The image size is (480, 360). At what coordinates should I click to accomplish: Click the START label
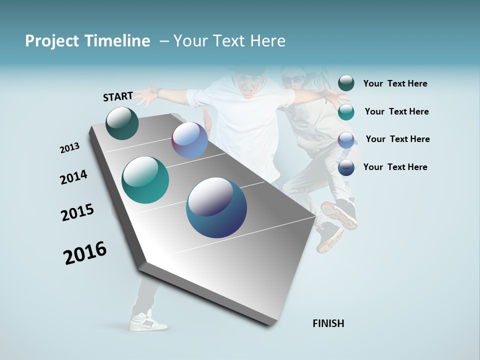(118, 96)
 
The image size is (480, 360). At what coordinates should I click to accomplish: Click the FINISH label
(328, 323)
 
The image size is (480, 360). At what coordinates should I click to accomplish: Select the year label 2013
(69, 148)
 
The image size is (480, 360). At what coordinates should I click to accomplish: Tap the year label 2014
(73, 177)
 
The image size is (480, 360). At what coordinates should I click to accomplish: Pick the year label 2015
(77, 212)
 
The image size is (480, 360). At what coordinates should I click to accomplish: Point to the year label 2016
(85, 253)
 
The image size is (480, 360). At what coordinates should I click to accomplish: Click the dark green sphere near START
(122, 123)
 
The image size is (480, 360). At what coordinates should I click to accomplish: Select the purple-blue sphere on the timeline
(189, 140)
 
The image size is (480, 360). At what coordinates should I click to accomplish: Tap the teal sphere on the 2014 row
(145, 180)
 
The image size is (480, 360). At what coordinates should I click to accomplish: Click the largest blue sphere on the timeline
(216, 207)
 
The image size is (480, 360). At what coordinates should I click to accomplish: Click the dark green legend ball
(346, 83)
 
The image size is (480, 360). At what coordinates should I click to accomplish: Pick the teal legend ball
(346, 112)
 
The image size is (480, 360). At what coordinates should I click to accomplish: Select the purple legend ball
(346, 140)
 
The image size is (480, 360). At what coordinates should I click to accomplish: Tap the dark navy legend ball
(346, 167)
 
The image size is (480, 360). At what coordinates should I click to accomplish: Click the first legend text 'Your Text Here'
(395, 84)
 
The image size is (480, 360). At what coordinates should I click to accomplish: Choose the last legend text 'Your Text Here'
(395, 167)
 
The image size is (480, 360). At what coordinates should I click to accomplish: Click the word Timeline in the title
(119, 41)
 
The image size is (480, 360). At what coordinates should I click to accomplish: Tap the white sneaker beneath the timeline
(148, 321)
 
